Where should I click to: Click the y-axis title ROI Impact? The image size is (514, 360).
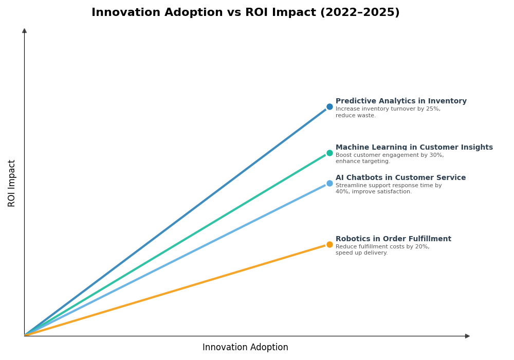click(x=12, y=183)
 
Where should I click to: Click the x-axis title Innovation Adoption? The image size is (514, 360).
click(x=245, y=348)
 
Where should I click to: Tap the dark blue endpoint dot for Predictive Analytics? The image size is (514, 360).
click(x=329, y=107)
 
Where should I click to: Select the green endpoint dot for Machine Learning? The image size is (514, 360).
click(x=329, y=153)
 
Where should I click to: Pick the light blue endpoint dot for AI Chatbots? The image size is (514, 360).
click(x=329, y=183)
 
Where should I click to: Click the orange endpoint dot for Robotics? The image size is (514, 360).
click(x=329, y=244)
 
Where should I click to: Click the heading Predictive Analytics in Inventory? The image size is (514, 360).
click(x=401, y=101)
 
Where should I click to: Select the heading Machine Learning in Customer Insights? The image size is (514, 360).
click(x=414, y=148)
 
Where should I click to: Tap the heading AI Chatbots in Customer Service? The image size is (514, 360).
click(x=400, y=178)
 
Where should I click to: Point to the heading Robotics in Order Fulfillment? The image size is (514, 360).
click(x=393, y=239)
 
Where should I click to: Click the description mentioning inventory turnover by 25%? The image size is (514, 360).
click(x=388, y=112)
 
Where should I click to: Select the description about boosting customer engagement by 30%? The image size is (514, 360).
click(x=389, y=158)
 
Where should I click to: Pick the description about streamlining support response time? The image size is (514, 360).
click(x=388, y=189)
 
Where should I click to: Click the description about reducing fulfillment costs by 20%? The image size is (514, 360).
click(x=382, y=250)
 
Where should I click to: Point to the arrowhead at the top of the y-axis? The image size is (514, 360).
click(x=24, y=31)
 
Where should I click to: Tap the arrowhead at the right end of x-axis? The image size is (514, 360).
click(x=467, y=336)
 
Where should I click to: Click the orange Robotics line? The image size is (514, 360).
click(x=175, y=290)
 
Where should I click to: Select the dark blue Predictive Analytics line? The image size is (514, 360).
click(x=175, y=222)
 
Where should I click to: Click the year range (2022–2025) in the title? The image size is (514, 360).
click(x=359, y=13)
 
